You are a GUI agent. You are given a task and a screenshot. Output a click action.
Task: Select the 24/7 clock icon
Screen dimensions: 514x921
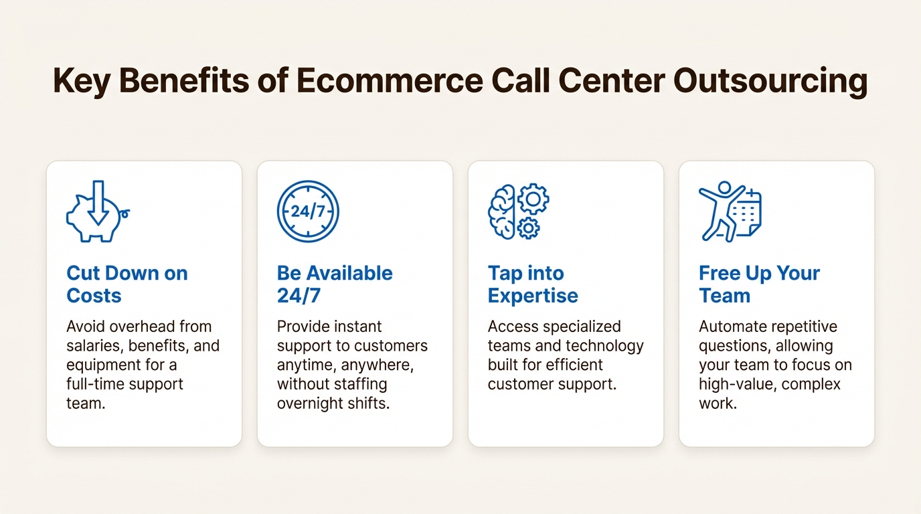pyautogui.click(x=308, y=211)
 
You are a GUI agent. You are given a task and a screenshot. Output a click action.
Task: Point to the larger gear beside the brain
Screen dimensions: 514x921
pyautogui.click(x=533, y=199)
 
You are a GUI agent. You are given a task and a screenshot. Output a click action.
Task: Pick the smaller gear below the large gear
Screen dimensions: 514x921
pyautogui.click(x=529, y=228)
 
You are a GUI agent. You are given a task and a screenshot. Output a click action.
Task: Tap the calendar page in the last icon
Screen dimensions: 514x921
pyautogui.click(x=747, y=215)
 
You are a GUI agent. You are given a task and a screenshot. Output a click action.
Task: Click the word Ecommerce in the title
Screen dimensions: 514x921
pyautogui.click(x=388, y=82)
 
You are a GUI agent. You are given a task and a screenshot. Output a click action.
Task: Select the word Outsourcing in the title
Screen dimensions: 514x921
pyautogui.click(x=770, y=82)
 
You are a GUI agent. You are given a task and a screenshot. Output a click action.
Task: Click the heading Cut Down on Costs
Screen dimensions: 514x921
pyautogui.click(x=127, y=284)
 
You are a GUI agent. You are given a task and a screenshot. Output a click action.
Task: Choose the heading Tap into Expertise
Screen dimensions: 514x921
pyautogui.click(x=533, y=284)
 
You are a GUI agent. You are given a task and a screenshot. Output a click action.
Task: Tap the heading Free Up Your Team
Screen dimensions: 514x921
pyautogui.click(x=759, y=284)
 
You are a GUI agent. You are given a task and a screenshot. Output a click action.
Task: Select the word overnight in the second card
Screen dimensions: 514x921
pyautogui.click(x=310, y=404)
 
